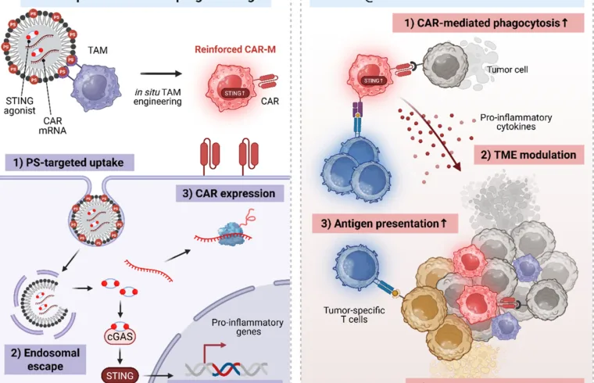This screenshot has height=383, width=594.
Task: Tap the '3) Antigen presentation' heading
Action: (x=385, y=224)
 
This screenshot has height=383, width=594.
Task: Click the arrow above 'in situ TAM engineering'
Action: (x=184, y=75)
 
